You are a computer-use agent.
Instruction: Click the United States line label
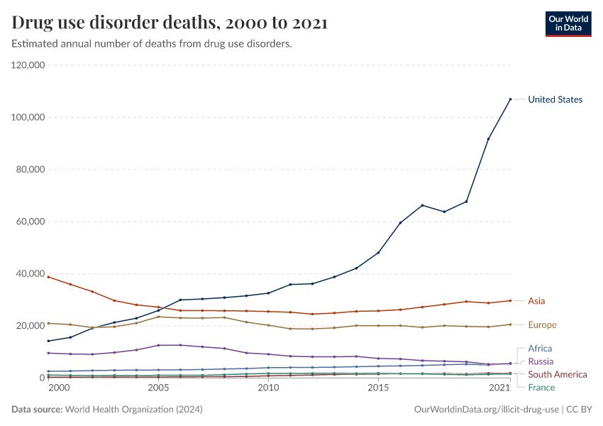(x=555, y=99)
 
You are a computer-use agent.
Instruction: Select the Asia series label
(x=536, y=301)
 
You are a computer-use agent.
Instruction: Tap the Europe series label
(x=542, y=324)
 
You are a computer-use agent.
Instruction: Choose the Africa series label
(x=540, y=349)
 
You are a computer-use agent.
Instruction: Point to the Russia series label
(x=541, y=361)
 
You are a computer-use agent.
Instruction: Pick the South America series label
(x=557, y=374)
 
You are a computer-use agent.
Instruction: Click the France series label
(x=541, y=387)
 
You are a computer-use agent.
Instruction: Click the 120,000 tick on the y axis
(x=28, y=65)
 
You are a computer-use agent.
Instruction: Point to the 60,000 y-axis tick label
(x=31, y=222)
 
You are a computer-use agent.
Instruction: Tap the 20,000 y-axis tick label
(x=31, y=326)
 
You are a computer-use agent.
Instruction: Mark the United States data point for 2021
(x=510, y=99)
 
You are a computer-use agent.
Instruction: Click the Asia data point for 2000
(x=48, y=277)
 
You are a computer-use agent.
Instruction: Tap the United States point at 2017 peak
(x=422, y=205)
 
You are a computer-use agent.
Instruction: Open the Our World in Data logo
(x=568, y=23)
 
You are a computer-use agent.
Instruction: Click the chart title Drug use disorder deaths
(x=170, y=23)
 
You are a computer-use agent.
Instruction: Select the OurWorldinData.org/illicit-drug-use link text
(x=486, y=410)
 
